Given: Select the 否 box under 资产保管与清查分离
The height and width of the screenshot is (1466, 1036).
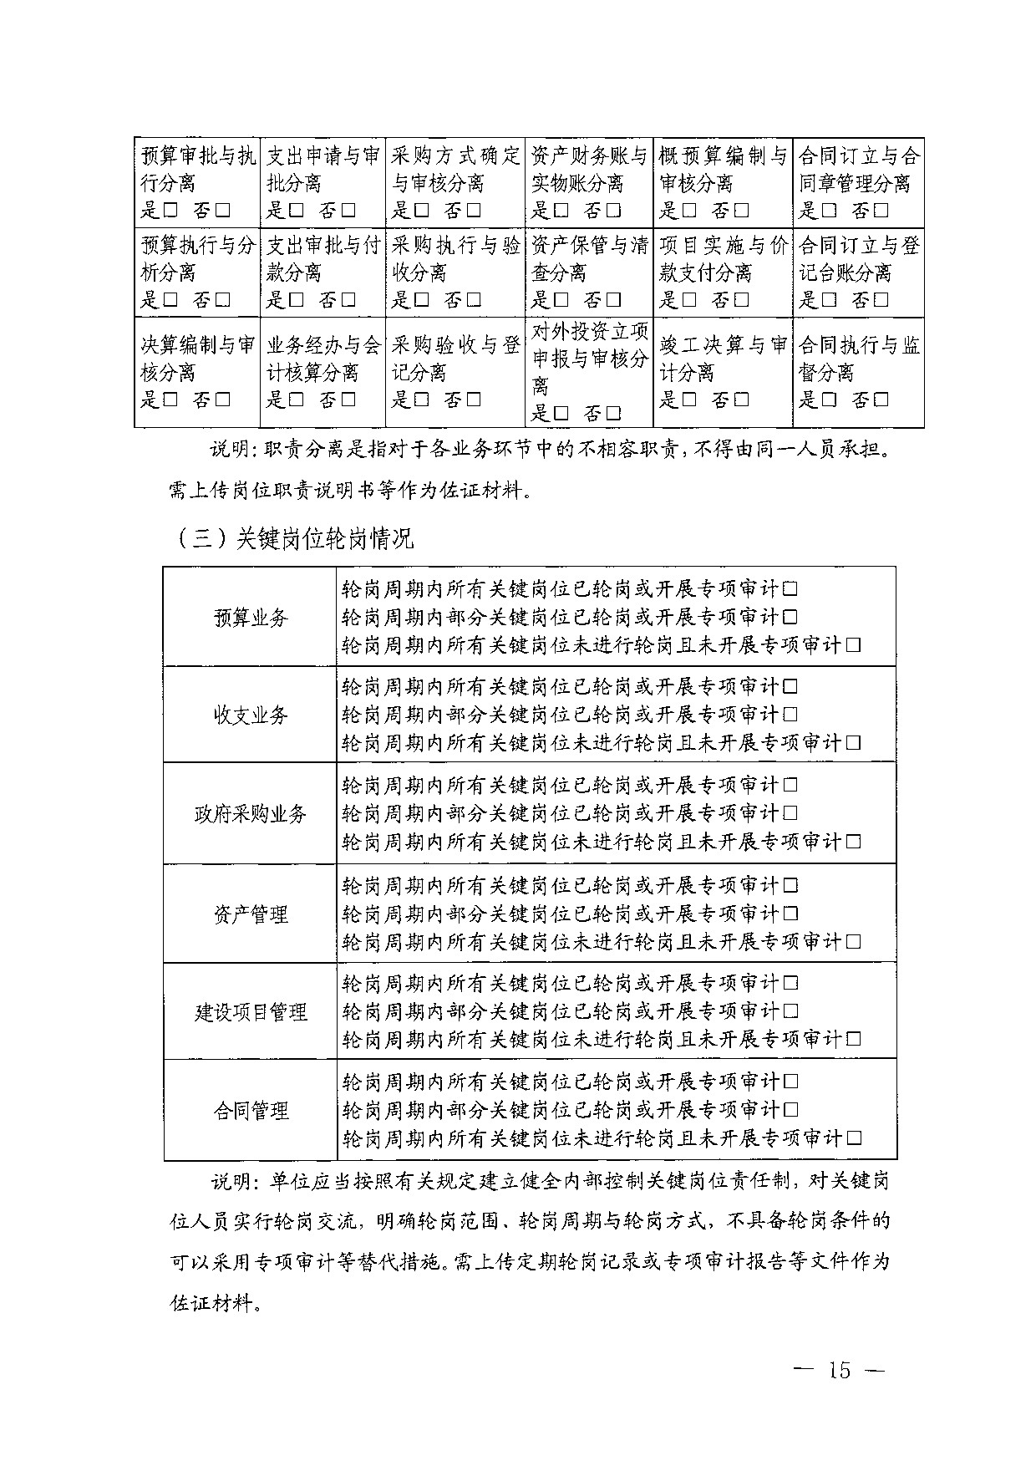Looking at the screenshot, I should [x=614, y=300].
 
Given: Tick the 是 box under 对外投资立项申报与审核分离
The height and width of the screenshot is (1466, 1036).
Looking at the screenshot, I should [x=561, y=413].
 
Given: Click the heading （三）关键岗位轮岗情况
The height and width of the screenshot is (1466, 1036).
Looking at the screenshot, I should [x=297, y=539].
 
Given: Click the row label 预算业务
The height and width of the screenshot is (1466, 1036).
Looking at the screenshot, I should [x=251, y=618].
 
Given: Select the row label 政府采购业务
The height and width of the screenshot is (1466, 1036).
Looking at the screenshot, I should [x=251, y=814].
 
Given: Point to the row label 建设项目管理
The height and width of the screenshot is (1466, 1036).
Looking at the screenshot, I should [x=251, y=1012].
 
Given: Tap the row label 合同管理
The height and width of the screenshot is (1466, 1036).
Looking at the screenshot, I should [x=251, y=1111].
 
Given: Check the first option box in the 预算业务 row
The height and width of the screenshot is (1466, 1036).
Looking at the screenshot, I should [x=790, y=589].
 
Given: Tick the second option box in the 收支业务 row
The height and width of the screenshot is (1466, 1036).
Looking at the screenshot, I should [x=790, y=715].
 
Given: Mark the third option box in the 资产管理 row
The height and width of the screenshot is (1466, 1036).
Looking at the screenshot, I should [x=853, y=942].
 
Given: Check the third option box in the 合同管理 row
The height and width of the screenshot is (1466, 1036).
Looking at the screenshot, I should [x=853, y=1138].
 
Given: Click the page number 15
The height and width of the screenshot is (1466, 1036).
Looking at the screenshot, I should [x=839, y=1369].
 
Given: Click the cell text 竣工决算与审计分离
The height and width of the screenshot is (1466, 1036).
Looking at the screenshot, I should [x=723, y=358].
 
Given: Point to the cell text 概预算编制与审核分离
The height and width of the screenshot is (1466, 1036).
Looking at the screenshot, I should [x=723, y=169].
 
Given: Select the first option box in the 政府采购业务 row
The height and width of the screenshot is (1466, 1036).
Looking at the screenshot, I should [x=790, y=786].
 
